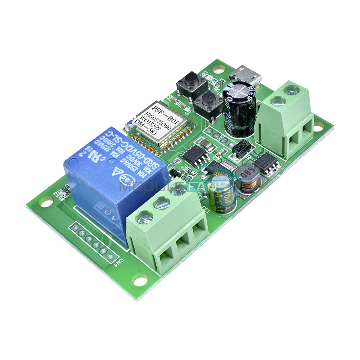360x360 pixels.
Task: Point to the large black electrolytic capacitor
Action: [x=240, y=108]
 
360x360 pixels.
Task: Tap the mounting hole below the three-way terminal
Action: [x=140, y=279]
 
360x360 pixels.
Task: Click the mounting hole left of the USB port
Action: [x=217, y=68]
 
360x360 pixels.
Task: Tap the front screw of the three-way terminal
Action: [x=144, y=217]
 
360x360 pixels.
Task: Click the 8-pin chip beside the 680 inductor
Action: [x=267, y=163]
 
